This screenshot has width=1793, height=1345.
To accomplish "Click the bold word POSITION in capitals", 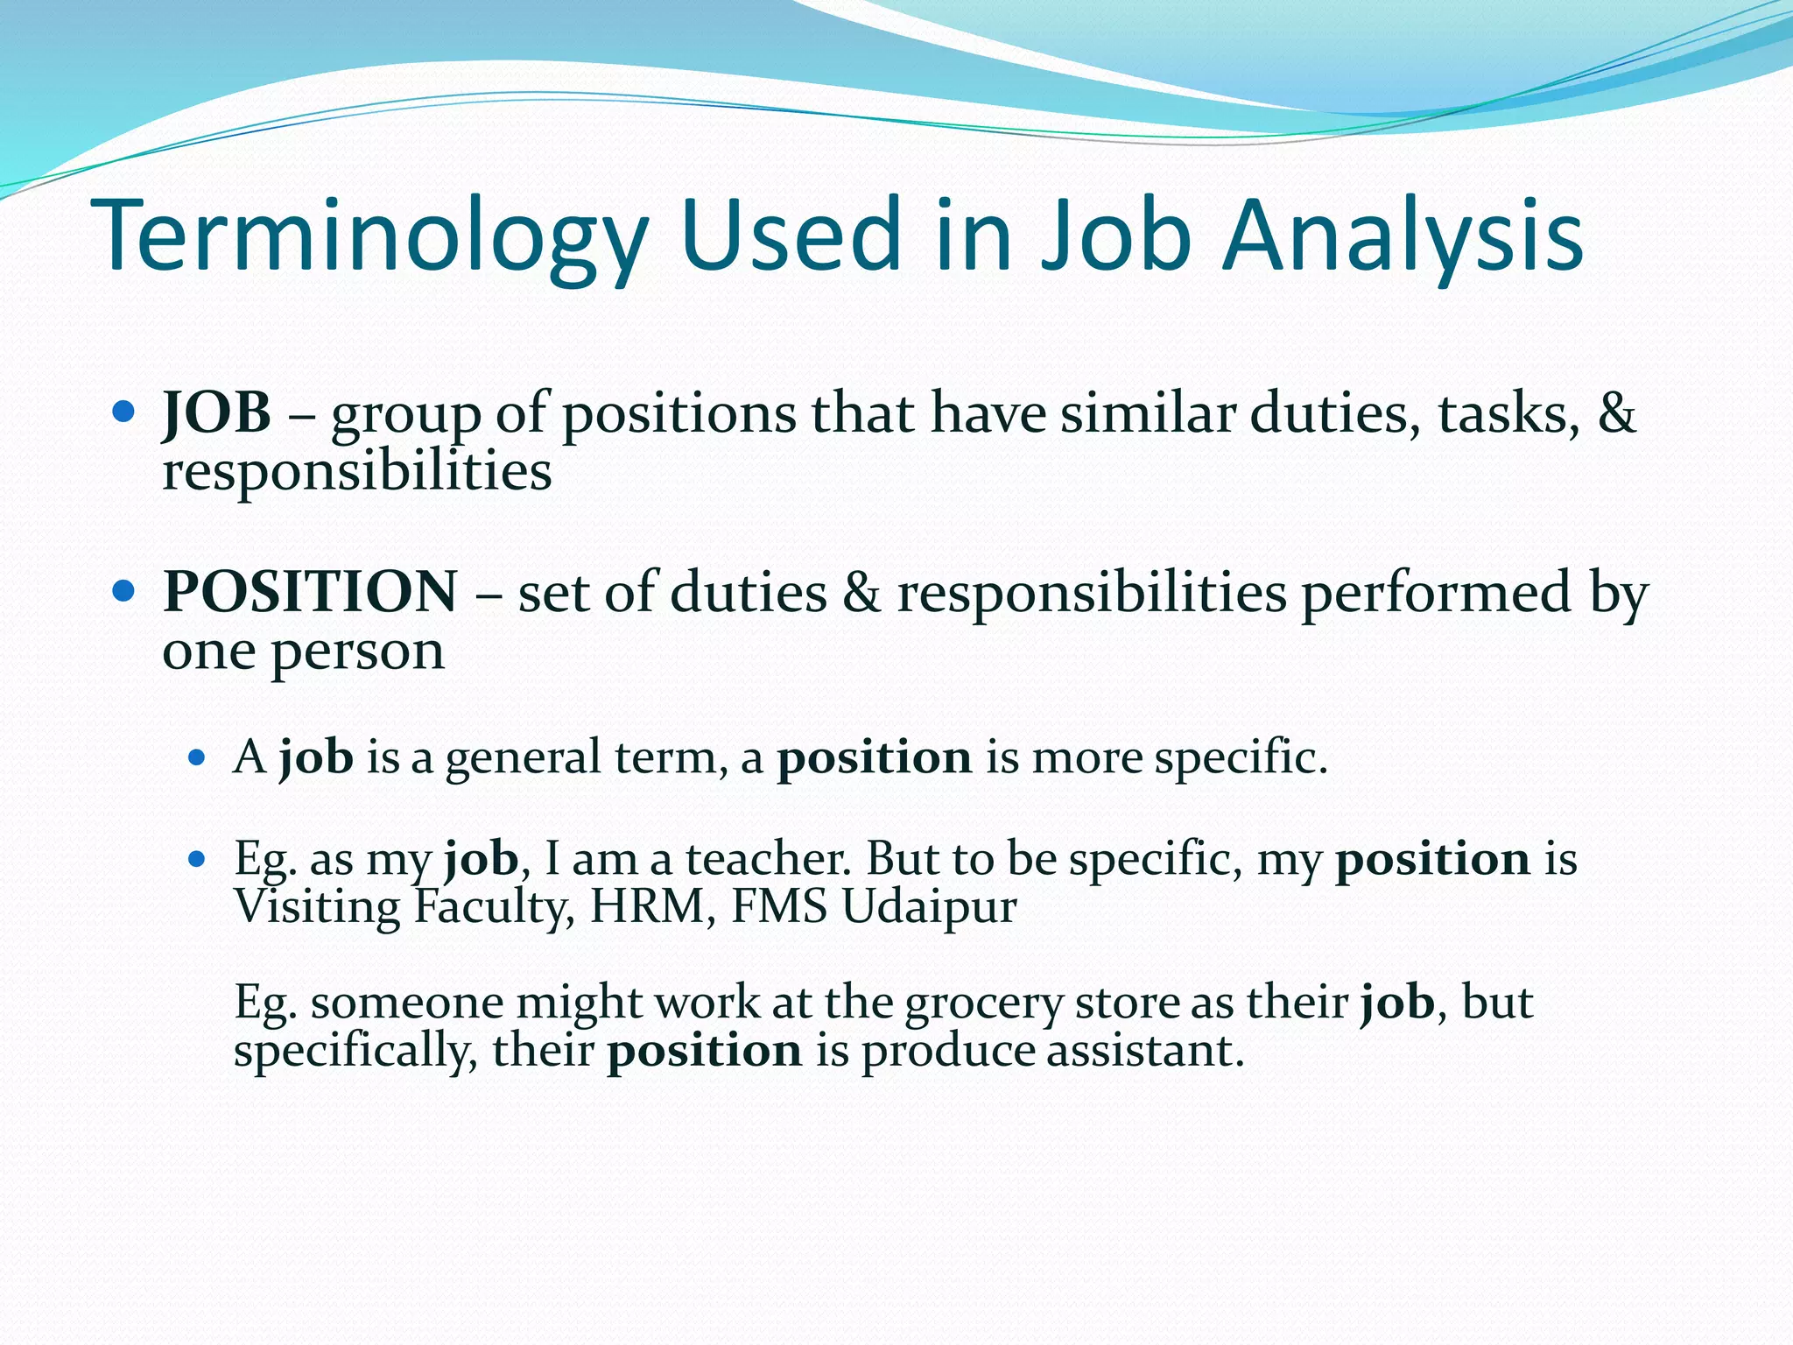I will coord(310,591).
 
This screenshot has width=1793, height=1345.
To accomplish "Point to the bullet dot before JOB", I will coord(123,411).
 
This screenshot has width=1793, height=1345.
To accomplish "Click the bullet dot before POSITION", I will coord(123,591).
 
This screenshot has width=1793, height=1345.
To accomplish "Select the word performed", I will coord(1436,591).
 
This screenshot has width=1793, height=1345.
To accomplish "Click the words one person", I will coord(303,651).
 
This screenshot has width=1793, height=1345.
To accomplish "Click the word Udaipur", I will coord(929,906).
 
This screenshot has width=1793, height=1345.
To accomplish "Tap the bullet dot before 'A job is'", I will coord(196,757).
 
